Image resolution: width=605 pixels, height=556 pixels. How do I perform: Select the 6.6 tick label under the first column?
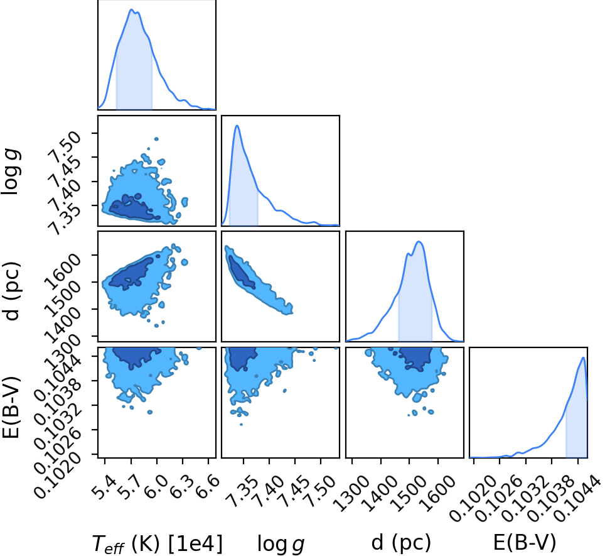208,482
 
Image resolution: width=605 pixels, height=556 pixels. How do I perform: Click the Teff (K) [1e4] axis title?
158,543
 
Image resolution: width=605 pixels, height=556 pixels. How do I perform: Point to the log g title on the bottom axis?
281,543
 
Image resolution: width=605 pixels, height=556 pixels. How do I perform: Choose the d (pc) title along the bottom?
401,542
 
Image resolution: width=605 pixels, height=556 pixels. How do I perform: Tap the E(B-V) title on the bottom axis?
525,542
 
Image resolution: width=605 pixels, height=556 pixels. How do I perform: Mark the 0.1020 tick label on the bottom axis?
471,498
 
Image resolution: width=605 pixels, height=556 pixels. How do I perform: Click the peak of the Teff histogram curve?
131,9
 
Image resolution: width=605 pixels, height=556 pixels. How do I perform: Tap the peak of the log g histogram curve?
237,126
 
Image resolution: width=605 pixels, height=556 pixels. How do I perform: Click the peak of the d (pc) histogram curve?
419,242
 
